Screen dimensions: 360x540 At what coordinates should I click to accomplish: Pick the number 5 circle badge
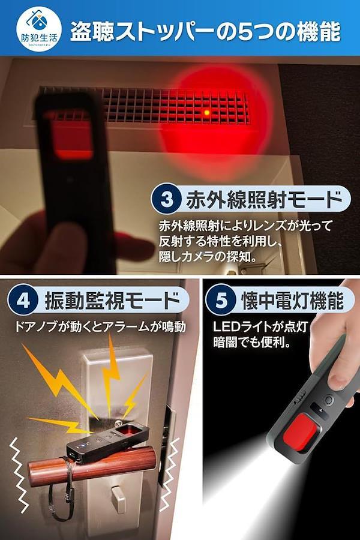coord(221,300)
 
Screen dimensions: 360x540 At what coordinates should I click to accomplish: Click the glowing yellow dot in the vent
coord(206,112)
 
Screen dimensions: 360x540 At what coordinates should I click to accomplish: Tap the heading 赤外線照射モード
coord(264,199)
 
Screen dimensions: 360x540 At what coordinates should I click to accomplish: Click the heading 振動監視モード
coord(112,300)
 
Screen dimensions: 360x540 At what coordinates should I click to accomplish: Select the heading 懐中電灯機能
coord(292,300)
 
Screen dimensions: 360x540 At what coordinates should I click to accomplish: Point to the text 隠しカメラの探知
coord(208,257)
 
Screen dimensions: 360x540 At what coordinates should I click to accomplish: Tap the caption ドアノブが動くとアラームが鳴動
coord(100,326)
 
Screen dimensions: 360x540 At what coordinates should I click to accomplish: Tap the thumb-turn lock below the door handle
coord(118,496)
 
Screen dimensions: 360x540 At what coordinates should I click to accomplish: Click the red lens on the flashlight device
coord(302,433)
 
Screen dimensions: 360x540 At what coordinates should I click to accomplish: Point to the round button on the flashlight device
coord(329,400)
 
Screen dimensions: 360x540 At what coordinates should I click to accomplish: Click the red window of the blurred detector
coord(73,136)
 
